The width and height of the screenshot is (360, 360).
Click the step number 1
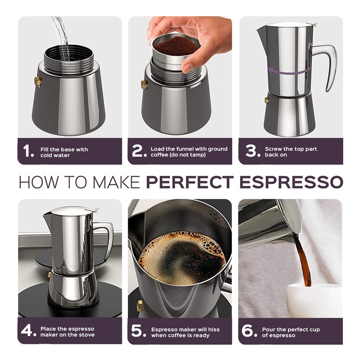pos(28,152)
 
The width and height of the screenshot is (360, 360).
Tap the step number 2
pos(138,152)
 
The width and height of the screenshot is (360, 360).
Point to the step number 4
pos(28,332)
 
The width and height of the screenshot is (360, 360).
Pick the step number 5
pos(138,332)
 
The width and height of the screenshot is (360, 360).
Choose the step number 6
pos(249,332)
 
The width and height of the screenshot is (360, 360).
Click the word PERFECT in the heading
pos(190,182)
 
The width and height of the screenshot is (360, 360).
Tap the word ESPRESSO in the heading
pos(291,182)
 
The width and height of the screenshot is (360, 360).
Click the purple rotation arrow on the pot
pos(290,70)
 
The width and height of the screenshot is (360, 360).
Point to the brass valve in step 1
pos(38,81)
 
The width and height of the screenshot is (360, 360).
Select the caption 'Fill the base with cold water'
pos(64,152)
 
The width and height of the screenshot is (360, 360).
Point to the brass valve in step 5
pos(140,306)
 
